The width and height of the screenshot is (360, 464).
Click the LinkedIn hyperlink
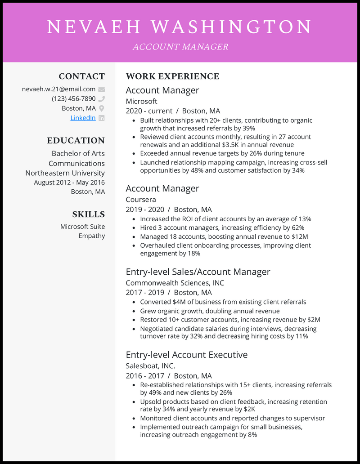point(83,118)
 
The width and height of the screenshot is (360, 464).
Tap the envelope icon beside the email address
point(102,89)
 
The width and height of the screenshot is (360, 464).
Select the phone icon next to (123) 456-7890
point(102,99)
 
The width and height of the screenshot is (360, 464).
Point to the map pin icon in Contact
point(102,108)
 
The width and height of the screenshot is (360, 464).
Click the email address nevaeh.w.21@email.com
point(58,89)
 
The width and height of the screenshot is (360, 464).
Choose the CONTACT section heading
point(81,76)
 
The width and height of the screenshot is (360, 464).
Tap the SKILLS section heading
point(88,214)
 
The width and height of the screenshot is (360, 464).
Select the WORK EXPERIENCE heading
point(172,76)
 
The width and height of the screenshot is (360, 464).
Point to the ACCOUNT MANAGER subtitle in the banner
point(180,47)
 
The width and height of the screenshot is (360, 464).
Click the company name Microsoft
point(141,101)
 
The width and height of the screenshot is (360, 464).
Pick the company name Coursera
point(140,200)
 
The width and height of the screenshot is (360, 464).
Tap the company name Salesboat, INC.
point(150,366)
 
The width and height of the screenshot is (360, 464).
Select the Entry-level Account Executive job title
point(186,355)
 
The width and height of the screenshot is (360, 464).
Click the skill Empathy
point(92,236)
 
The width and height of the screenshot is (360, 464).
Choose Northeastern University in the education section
point(65,173)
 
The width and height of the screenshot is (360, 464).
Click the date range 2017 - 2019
point(145,293)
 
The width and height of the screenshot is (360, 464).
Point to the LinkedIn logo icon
point(102,118)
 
